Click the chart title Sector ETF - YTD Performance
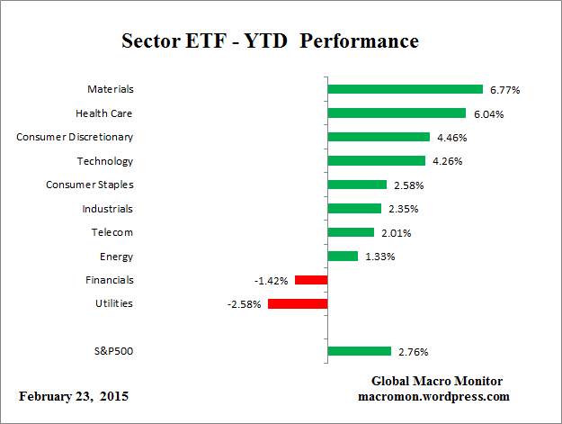tap(270, 42)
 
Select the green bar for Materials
tap(406, 89)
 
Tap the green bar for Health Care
tap(397, 113)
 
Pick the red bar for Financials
tap(310, 280)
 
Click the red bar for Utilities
tap(297, 303)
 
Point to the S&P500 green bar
tap(359, 351)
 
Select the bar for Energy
tap(343, 256)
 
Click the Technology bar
tap(376, 161)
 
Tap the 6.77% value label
tap(505, 90)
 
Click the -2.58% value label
tap(244, 304)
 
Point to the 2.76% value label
tap(413, 352)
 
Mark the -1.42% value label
tap(271, 280)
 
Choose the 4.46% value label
tap(451, 138)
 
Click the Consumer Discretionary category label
tap(75, 137)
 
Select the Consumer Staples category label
tap(89, 185)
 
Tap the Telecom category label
tap(112, 232)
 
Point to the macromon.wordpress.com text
tap(433, 395)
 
